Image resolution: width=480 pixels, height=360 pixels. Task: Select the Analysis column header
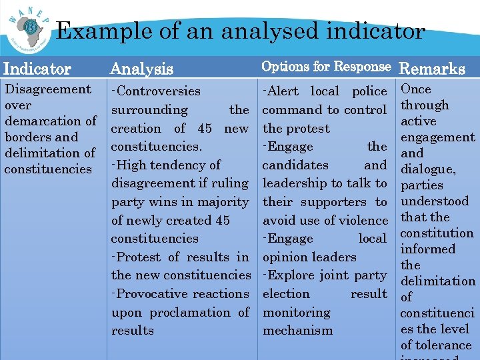[141, 69]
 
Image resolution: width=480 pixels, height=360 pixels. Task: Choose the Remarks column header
[431, 68]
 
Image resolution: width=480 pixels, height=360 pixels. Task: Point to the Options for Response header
[326, 67]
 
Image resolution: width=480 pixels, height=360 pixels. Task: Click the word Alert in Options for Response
[286, 91]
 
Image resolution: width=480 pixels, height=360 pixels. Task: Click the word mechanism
[297, 330]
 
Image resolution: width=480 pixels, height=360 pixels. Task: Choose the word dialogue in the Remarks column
[427, 169]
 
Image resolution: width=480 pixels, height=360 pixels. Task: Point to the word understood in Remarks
[434, 201]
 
